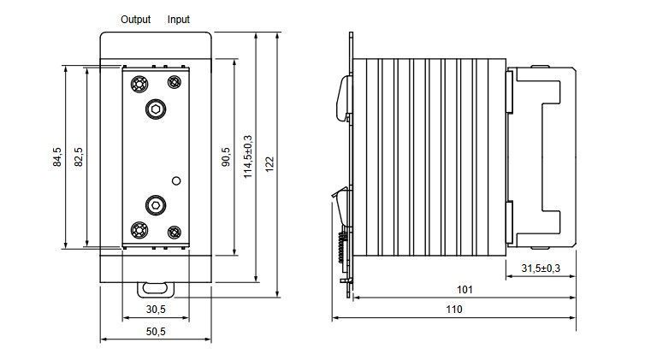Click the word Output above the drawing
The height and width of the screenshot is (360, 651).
coord(135,20)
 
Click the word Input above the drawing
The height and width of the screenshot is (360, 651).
coord(179,20)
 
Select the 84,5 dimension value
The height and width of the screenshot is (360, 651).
coord(57,157)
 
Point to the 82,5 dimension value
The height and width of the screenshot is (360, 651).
coord(79,157)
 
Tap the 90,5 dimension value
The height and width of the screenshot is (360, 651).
coord(226,157)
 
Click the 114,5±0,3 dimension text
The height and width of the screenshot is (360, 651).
coord(248,156)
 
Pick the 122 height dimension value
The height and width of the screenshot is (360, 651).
coord(269,164)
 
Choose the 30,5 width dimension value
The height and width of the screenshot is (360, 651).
coord(156,310)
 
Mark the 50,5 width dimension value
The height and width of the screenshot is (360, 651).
coord(156,331)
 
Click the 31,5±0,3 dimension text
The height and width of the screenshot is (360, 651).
coord(541,269)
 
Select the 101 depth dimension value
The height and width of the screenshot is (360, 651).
coord(465,289)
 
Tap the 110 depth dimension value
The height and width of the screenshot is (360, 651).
coord(454,310)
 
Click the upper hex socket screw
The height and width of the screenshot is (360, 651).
coord(156,109)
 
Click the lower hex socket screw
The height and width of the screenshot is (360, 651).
coord(156,205)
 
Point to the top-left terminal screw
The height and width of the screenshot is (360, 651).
coord(139,84)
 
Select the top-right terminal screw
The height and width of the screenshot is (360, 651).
coord(175,82)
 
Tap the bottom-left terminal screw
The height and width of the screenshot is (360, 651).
coord(139,230)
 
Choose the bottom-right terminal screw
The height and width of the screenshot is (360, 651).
coord(175,233)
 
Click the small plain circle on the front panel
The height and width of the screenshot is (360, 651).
coord(176,180)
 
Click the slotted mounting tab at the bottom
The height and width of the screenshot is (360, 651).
coord(156,289)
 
